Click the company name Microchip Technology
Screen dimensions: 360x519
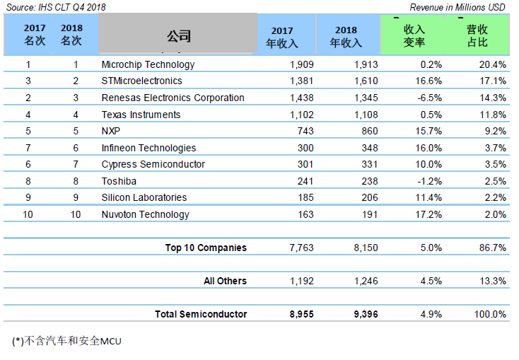pos(148,64)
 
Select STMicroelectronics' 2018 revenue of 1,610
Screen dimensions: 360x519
pos(366,81)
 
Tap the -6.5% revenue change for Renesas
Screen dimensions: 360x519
pos(426,98)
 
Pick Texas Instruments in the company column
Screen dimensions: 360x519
pos(141,115)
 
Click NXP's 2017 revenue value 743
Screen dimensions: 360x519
pos(304,131)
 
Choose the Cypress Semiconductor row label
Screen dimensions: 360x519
pos(153,164)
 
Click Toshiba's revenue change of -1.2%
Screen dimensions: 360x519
pos(426,181)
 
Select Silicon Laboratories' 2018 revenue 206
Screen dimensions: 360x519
pos(368,197)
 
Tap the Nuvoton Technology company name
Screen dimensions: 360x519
pos(145,214)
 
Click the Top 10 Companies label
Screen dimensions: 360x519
pos(206,248)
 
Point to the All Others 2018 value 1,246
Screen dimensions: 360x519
pos(366,281)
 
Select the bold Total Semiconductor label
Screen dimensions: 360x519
pos(201,314)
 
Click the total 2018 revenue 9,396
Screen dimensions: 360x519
pos(366,314)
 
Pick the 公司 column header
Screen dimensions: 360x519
pos(179,36)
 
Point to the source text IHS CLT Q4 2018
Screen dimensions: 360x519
pos(56,7)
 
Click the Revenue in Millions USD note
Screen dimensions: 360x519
pos(457,7)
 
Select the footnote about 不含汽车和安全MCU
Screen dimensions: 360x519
pos(67,341)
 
